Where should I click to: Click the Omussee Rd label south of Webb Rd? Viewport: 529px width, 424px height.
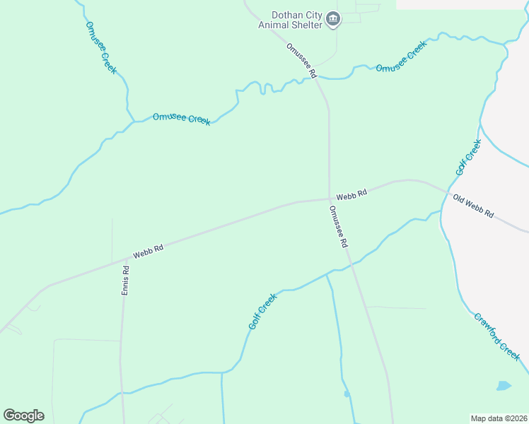tap(339, 226)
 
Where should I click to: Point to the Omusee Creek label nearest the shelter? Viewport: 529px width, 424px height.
tap(401, 58)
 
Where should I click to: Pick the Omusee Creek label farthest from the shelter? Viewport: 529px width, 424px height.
tap(101, 47)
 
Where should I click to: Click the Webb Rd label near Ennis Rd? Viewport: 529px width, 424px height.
tap(149, 252)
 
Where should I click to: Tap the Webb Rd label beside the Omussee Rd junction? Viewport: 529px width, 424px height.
tap(351, 194)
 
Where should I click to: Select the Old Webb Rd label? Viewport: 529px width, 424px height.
tap(473, 206)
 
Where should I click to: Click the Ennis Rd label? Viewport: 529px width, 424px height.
tap(126, 280)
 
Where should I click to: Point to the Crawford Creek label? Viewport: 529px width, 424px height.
tap(496, 336)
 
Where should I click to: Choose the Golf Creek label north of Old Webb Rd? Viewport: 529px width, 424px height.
tap(468, 158)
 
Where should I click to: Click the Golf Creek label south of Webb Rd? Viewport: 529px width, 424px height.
tap(262, 312)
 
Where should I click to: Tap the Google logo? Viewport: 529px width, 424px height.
tap(23, 416)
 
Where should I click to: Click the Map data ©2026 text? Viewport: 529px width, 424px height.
tap(499, 418)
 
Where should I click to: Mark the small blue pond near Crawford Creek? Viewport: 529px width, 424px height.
tap(503, 386)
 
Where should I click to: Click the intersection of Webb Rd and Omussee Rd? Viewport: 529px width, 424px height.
tap(329, 199)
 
